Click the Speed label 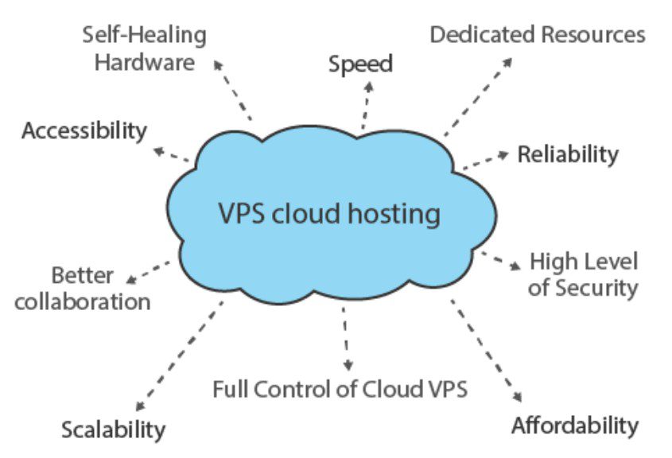tap(360, 64)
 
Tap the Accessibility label tap(84, 131)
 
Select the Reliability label tap(567, 154)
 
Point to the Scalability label tap(114, 430)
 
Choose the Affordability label tap(574, 425)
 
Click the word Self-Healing tap(144, 35)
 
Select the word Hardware tap(144, 62)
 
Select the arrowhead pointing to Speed tap(368, 84)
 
